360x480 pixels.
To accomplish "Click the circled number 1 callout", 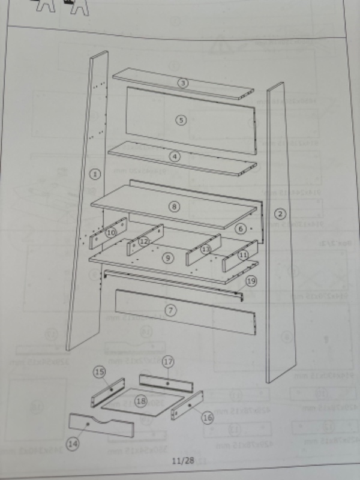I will point(94,175).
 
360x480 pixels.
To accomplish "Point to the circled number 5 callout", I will point(181,119).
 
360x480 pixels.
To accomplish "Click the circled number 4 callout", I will point(175,157).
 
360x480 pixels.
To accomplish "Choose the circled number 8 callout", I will point(175,206).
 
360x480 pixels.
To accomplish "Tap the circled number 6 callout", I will point(240,229).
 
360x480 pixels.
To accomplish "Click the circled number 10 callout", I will point(111,232).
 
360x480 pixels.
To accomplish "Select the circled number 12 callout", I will point(143,241).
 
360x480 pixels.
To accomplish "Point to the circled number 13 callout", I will point(206,248).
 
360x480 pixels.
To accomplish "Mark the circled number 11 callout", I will point(243,254).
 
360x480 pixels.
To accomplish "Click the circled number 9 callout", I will point(169,257).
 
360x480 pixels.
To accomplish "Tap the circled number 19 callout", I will point(251,281).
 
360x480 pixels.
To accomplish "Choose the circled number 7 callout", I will point(172,310).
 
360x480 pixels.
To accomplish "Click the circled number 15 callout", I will point(100,372).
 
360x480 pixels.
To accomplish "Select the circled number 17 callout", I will point(168,362).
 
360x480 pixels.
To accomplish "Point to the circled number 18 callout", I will point(141,400).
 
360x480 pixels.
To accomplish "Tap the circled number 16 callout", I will point(207,417).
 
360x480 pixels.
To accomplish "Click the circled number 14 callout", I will point(73,444).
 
